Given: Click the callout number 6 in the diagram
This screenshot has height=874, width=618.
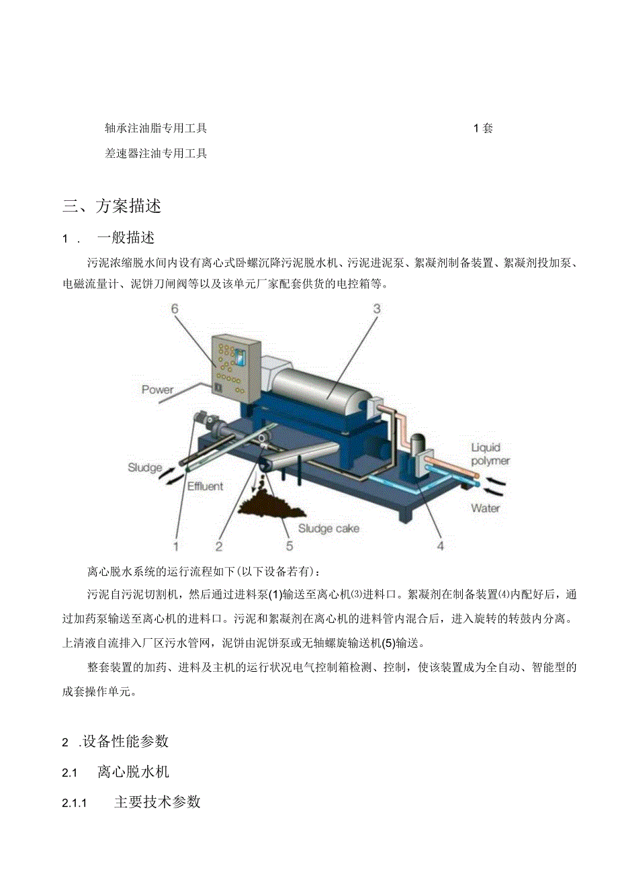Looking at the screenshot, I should tap(175, 308).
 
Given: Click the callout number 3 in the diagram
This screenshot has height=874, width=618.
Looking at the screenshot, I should tap(377, 308).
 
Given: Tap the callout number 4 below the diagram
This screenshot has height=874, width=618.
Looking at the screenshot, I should tap(440, 545).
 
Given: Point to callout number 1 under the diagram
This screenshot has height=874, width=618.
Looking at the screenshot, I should tap(176, 545).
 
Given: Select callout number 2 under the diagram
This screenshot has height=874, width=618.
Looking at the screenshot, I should tap(219, 545).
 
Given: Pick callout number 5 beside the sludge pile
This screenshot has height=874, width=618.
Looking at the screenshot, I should tap(289, 545).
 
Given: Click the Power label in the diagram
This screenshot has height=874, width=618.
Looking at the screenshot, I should tap(157, 390).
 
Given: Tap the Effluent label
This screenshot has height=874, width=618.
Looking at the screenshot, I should tap(206, 486).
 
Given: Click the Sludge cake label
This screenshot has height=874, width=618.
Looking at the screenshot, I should tap(328, 528).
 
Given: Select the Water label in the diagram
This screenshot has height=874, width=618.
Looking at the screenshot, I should tap(485, 508).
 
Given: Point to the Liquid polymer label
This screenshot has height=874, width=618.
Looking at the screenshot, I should tap(490, 454).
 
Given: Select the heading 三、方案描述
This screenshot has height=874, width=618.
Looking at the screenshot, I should tap(112, 206).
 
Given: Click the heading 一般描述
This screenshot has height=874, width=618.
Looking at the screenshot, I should tap(126, 238).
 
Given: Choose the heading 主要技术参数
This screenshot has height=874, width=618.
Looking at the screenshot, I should tap(157, 802).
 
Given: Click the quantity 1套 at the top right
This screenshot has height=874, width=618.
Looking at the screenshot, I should tap(483, 128).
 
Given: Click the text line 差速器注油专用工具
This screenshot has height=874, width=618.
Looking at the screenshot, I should tap(156, 153).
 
